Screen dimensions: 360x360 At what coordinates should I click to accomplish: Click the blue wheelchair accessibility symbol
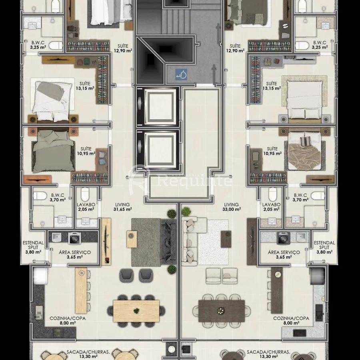pos(181,75)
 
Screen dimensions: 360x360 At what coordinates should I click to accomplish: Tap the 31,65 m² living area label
pos(122,207)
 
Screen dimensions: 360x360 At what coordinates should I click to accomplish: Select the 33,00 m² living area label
pos(232,207)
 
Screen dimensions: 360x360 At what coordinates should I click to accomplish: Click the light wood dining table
pos(136,311)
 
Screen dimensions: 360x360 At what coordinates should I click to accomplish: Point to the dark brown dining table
pos(222,311)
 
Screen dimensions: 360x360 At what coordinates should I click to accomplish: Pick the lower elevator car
pos(158,150)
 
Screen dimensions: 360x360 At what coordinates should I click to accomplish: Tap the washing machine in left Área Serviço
pos(74,238)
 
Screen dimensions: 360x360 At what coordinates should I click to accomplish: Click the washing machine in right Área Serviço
pos(284,238)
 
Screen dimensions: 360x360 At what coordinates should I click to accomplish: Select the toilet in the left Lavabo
pos(85,194)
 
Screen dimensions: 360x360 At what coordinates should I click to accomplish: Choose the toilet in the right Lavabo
pos(273,194)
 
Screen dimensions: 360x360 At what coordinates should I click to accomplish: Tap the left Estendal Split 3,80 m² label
pos(33,247)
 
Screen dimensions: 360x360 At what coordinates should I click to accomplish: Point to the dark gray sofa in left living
pos(169,242)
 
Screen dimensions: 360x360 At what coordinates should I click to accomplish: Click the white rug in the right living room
pos(213,242)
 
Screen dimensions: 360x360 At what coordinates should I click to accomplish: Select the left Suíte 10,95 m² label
pos(86,151)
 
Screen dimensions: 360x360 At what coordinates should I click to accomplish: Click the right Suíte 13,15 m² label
pos(272,86)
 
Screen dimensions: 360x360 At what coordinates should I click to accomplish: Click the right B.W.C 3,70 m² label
pos(300,198)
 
